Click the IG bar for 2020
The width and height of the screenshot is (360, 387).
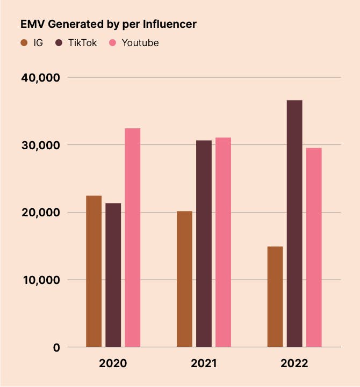point(94,271)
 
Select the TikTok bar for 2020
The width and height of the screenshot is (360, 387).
point(113,275)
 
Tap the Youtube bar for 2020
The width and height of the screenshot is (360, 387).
point(133,237)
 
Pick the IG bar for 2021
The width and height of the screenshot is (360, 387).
point(184,279)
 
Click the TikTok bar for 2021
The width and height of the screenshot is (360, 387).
point(204,244)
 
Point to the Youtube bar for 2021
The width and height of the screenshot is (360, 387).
point(223,242)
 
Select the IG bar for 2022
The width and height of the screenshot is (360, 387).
point(275,297)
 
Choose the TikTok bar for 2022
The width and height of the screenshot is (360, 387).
point(294,223)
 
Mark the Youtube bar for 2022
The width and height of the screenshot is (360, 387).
point(314,247)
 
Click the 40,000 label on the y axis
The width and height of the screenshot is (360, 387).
point(40,78)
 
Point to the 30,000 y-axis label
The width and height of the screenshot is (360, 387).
point(40,145)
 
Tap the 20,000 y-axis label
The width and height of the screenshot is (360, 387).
point(40,213)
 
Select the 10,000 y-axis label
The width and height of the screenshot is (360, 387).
point(40,280)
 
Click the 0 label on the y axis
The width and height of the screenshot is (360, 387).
point(56,348)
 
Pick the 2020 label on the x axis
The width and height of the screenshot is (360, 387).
point(113,363)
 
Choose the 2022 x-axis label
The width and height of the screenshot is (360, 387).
point(294,363)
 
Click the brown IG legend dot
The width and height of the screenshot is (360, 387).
point(24,43)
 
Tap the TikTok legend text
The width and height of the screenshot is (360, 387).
point(82,43)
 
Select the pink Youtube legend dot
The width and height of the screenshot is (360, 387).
point(113,43)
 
